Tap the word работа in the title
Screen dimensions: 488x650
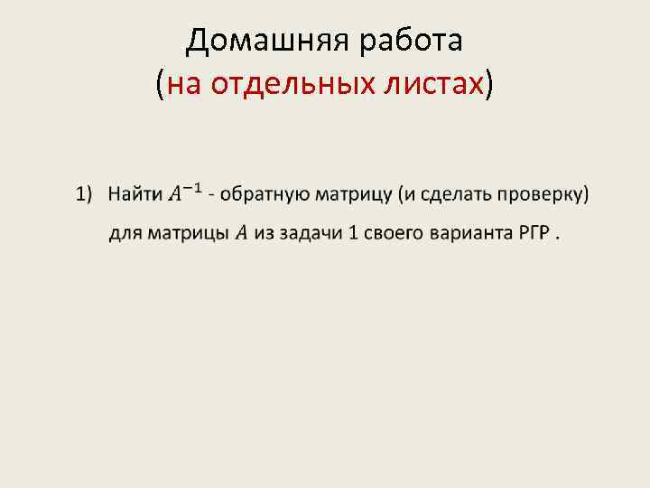(411, 41)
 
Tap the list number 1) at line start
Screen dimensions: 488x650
(84, 192)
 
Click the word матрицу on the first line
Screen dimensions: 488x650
(350, 192)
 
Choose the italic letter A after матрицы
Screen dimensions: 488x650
(241, 234)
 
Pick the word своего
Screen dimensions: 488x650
(394, 234)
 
